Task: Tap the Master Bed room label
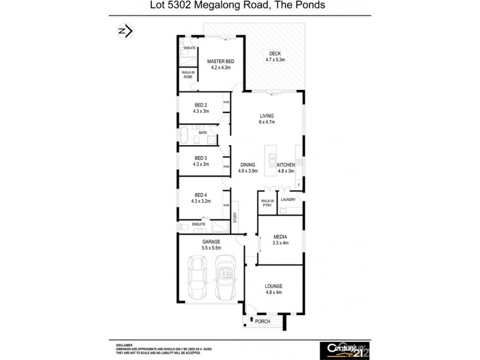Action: click(220, 61)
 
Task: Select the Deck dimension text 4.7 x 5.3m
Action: click(275, 60)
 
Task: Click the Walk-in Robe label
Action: click(188, 75)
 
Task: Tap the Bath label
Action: click(194, 133)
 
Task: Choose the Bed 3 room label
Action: click(200, 158)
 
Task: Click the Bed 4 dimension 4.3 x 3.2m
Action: click(200, 201)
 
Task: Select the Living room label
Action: click(266, 116)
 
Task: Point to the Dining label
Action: click(248, 164)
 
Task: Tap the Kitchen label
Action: click(286, 164)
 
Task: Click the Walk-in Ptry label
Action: click(267, 203)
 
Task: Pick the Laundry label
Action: click(289, 200)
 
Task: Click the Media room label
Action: click(280, 236)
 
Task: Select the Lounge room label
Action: click(273, 286)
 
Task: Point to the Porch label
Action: click(263, 322)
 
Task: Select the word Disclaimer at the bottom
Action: click(124, 345)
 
